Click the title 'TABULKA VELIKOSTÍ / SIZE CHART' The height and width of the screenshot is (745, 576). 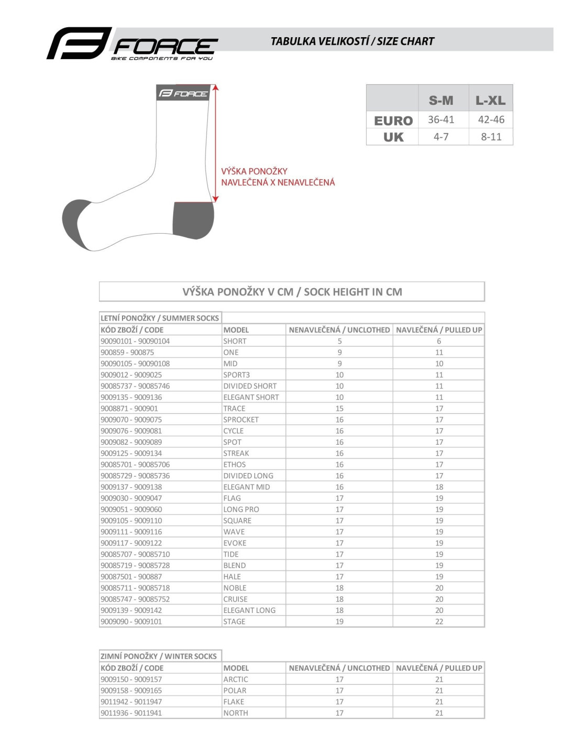(x=352, y=41)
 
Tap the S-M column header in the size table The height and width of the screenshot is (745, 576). (x=441, y=100)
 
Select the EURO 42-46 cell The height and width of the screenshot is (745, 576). (x=491, y=119)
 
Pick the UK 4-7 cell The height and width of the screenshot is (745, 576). (x=441, y=137)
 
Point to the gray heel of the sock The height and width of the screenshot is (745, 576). (x=193, y=220)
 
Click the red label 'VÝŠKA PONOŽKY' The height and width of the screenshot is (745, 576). (x=254, y=171)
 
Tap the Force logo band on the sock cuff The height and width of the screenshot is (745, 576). (x=183, y=93)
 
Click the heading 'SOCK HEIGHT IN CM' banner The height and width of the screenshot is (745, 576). (x=292, y=292)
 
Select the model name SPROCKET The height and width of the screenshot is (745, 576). (x=241, y=420)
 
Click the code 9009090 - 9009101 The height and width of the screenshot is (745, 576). (x=131, y=621)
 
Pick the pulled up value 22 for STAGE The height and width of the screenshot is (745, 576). (x=439, y=621)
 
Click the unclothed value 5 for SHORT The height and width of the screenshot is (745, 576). (x=339, y=341)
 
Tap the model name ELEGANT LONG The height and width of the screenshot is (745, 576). (x=249, y=610)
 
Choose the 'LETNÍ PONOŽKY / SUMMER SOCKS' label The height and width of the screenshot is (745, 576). (x=160, y=318)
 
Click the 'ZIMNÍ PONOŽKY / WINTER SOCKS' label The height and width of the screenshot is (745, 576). (x=158, y=656)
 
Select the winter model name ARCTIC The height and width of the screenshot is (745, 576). (x=236, y=679)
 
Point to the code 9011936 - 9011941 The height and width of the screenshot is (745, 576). (x=131, y=713)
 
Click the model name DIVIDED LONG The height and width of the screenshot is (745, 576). (x=248, y=476)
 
